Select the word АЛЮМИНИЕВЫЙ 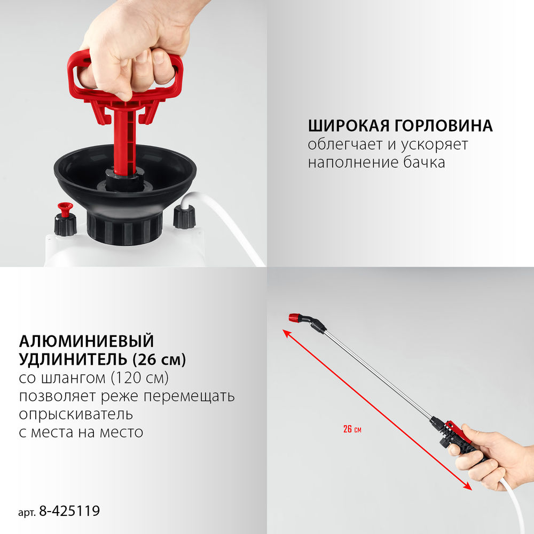coord(86,341)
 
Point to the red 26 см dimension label coord(348,429)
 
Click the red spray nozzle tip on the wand coord(293,318)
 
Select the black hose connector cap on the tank coord(184,217)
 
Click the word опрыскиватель coord(75,414)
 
